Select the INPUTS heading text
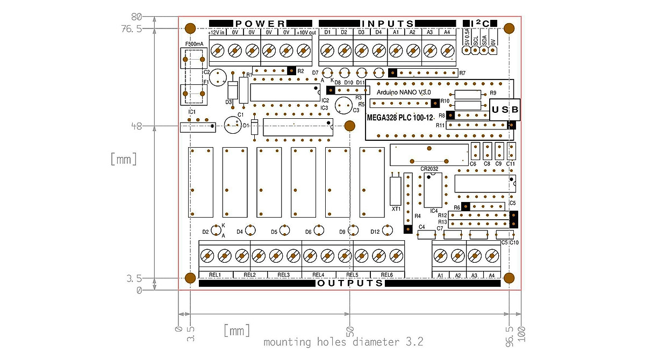pyautogui.click(x=388, y=24)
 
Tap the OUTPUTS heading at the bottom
pyautogui.click(x=350, y=283)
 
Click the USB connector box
pyautogui.click(x=505, y=110)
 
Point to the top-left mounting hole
pyautogui.click(x=190, y=28)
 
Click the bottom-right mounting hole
pyautogui.click(x=510, y=277)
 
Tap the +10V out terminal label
pyautogui.click(x=306, y=33)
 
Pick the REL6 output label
pyautogui.click(x=387, y=275)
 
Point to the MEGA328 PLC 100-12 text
pyautogui.click(x=400, y=117)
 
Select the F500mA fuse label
pyautogui.click(x=194, y=44)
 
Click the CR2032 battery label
pyautogui.click(x=429, y=169)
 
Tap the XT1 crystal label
pyautogui.click(x=396, y=208)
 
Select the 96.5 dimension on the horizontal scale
pyautogui.click(x=509, y=327)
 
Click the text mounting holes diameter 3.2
pyautogui.click(x=343, y=342)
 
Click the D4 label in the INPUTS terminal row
pyautogui.click(x=378, y=33)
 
